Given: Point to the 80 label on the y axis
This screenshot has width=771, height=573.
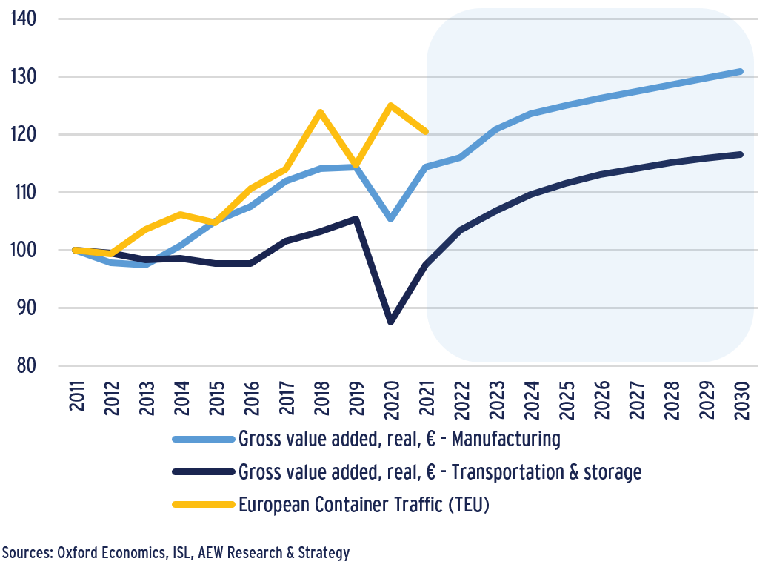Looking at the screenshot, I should pyautogui.click(x=28, y=365).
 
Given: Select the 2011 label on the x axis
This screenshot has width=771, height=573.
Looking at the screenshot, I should pyautogui.click(x=77, y=398).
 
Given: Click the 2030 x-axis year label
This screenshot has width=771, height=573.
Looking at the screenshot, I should pyautogui.click(x=742, y=398).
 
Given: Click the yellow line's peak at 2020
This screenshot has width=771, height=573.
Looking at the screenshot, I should pyautogui.click(x=390, y=105).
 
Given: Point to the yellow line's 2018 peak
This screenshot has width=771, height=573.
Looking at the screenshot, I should pyautogui.click(x=320, y=112).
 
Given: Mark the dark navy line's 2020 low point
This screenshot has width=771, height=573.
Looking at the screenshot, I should pyautogui.click(x=390, y=322).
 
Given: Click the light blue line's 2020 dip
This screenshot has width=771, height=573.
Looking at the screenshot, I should pyautogui.click(x=390, y=219).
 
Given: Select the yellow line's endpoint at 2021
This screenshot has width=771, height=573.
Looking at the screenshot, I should pyautogui.click(x=425, y=131).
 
